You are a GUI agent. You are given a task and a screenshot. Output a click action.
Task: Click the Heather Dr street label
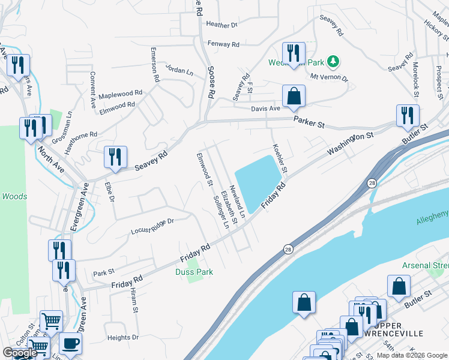tap(221, 25)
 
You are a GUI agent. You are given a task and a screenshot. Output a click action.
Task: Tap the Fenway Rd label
tap(223, 44)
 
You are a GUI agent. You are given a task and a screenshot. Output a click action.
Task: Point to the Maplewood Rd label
tap(121, 94)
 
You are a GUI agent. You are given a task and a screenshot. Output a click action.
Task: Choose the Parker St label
tap(309, 122)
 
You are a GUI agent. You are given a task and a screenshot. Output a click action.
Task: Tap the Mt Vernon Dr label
tap(329, 77)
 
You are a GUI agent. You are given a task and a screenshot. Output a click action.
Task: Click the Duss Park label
tap(194, 272)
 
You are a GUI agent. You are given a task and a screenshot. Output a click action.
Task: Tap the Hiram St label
tap(134, 302)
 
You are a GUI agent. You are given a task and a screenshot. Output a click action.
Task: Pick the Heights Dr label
tap(123, 338)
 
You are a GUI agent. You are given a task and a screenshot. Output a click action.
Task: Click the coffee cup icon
tap(71, 343)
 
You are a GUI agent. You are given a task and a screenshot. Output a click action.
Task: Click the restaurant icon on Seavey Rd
tap(115, 157)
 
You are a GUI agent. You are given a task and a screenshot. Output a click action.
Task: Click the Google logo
tap(19, 353)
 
